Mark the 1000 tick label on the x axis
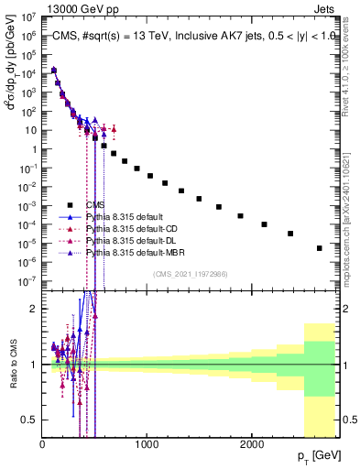pos(147,444)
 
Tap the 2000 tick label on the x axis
pos(252,444)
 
